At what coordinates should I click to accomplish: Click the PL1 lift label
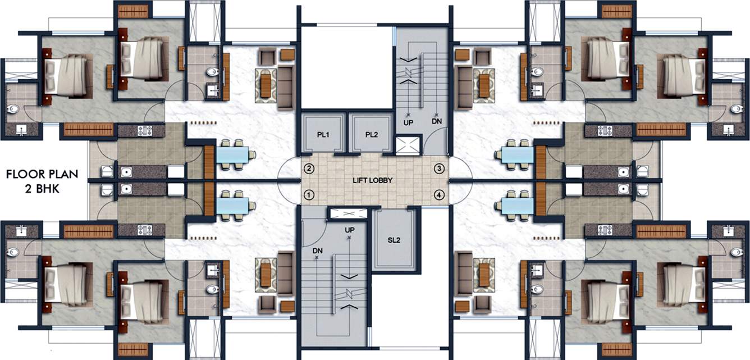(x=322, y=135)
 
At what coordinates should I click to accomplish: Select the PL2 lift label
(x=371, y=135)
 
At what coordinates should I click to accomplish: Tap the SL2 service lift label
(x=394, y=240)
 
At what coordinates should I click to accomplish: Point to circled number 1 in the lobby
(x=308, y=195)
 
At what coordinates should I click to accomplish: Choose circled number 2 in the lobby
(x=308, y=168)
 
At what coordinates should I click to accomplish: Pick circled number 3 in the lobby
(x=440, y=168)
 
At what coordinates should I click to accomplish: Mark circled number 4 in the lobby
(x=440, y=195)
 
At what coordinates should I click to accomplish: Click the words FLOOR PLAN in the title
(x=40, y=175)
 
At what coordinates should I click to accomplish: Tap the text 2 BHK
(x=40, y=189)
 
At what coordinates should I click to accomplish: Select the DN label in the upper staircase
(x=437, y=121)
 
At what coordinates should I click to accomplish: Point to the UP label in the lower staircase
(x=349, y=231)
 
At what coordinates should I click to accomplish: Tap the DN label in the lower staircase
(x=317, y=250)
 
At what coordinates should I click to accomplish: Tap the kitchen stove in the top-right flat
(x=605, y=131)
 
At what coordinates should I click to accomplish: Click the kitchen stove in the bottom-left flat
(x=145, y=230)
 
